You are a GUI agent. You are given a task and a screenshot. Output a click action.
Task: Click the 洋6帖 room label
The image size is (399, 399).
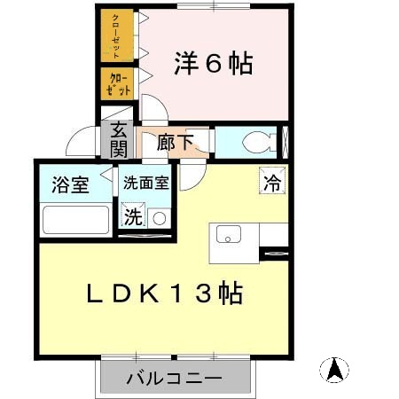(212, 64)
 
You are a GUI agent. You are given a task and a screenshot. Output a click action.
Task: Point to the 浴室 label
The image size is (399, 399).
(69, 186)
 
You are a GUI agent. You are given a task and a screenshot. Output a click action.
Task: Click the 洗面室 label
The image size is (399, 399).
(145, 184)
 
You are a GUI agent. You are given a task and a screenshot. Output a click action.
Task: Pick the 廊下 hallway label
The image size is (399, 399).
(176, 142)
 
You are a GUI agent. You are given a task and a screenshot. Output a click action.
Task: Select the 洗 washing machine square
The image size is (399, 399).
(132, 216)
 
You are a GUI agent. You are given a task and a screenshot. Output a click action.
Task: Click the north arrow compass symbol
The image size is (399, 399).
(334, 369)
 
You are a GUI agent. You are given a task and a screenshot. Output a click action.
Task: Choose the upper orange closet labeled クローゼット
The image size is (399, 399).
(116, 35)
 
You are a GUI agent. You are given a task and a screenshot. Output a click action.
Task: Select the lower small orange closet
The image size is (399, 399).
(115, 84)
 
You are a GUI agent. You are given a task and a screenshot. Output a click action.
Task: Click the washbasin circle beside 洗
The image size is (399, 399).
(159, 217)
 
